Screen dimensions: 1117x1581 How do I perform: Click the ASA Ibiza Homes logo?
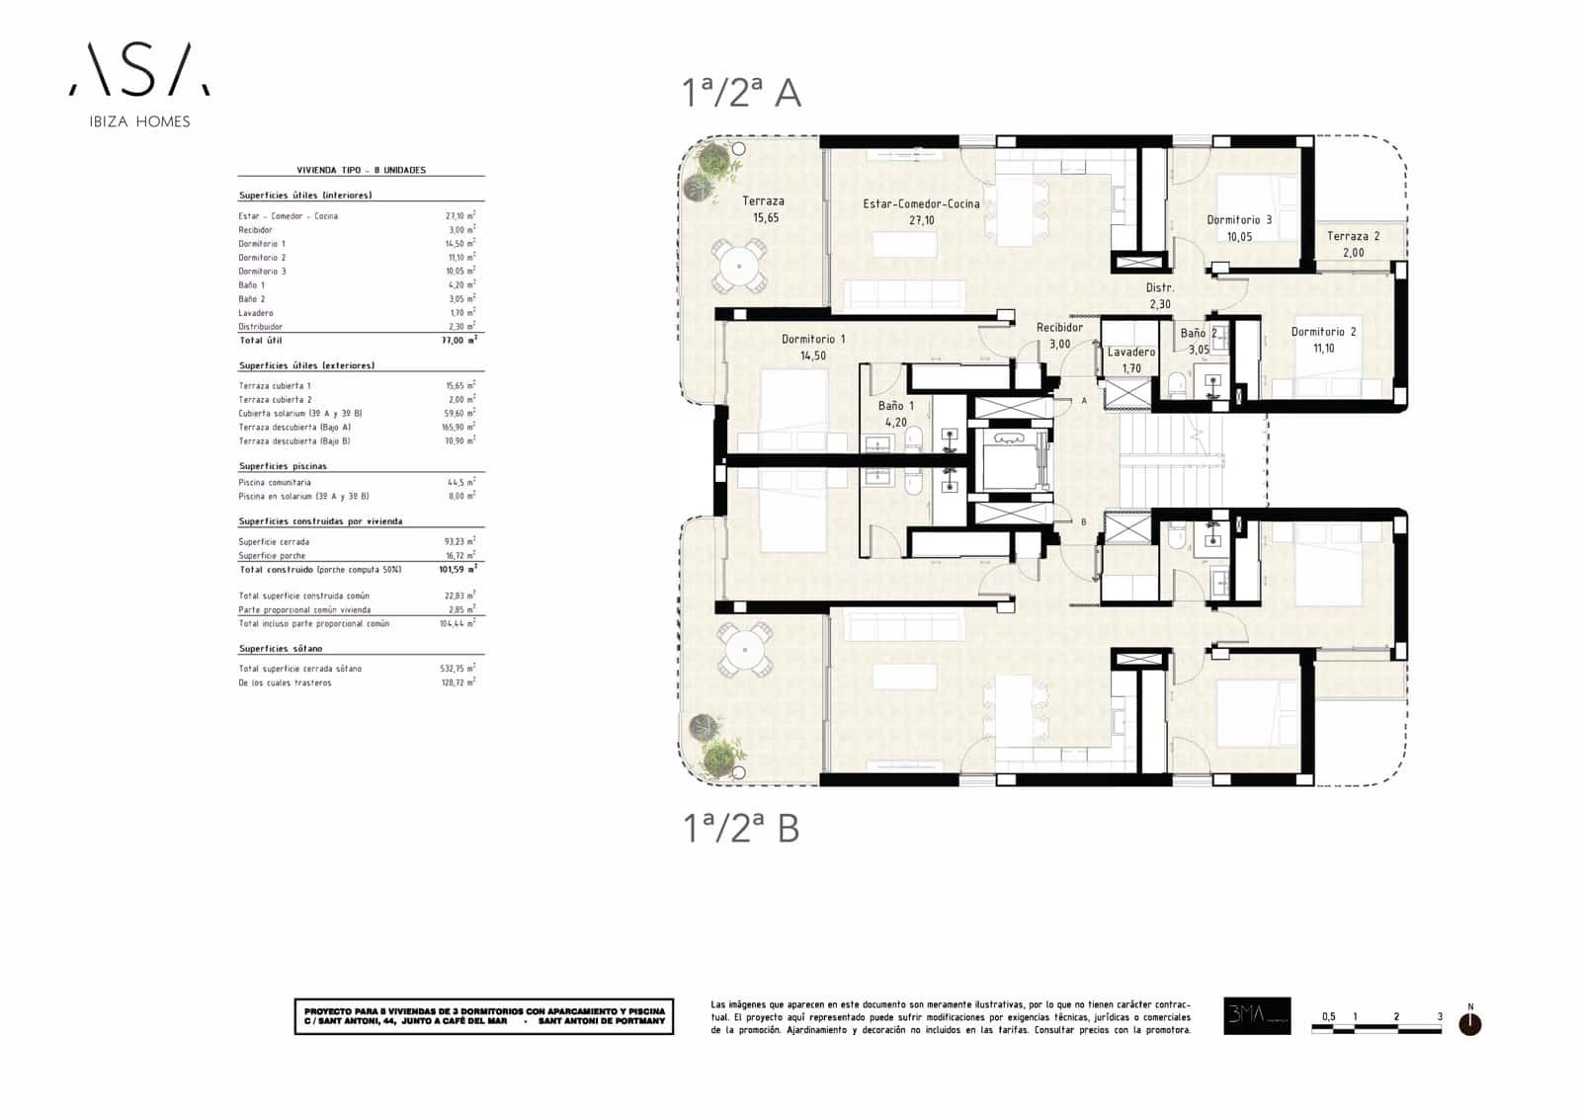138,84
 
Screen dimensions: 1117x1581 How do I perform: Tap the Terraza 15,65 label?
764,209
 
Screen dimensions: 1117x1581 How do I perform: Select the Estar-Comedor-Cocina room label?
921,211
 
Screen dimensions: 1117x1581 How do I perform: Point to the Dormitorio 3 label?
1239,228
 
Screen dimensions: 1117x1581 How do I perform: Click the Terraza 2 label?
1353,244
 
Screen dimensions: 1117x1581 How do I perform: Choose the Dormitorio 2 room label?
1323,340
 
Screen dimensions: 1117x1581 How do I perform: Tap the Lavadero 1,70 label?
1130,359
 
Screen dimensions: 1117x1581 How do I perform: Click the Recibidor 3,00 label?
1059,336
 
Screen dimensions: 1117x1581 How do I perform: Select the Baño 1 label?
896,414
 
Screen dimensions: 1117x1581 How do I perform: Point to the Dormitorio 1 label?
812,347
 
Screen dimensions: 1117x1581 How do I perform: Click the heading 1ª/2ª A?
741,93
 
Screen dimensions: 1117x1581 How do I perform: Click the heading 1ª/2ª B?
741,828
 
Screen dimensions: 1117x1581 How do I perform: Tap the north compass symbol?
1469,1024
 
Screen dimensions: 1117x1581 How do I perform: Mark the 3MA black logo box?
1256,1015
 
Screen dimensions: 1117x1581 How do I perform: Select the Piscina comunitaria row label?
274,483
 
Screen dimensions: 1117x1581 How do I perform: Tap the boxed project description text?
483,1016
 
